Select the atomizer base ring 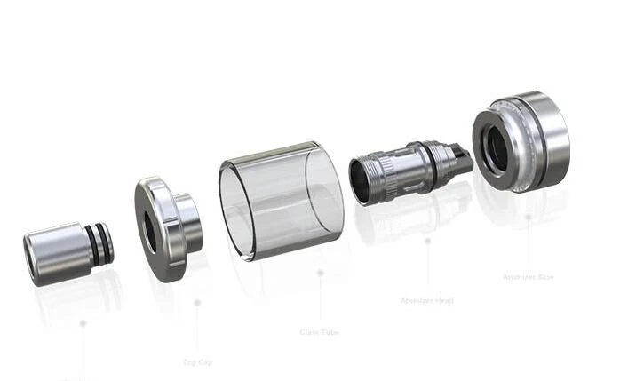pyautogui.click(x=519, y=142)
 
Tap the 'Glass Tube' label pyautogui.click(x=319, y=333)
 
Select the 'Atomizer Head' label pyautogui.click(x=427, y=300)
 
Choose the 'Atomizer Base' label pyautogui.click(x=529, y=276)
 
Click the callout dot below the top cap pyautogui.click(x=196, y=302)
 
